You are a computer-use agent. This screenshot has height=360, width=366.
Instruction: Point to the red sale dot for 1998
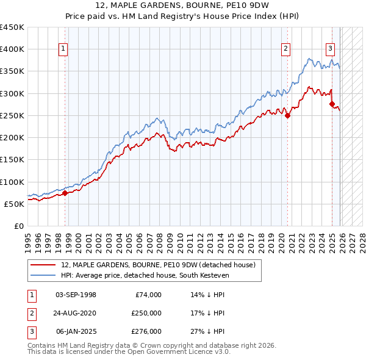coord(65,193)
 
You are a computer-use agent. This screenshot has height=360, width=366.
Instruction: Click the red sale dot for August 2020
coord(287,116)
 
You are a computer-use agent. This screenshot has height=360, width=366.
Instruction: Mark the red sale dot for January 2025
coord(332,104)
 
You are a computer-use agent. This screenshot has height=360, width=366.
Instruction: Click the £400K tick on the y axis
coord(12,49)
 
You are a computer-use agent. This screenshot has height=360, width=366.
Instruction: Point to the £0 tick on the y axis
coord(18,226)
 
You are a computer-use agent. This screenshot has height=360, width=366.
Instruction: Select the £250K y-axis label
coord(12,115)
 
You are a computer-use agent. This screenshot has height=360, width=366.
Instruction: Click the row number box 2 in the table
coord(31,313)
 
